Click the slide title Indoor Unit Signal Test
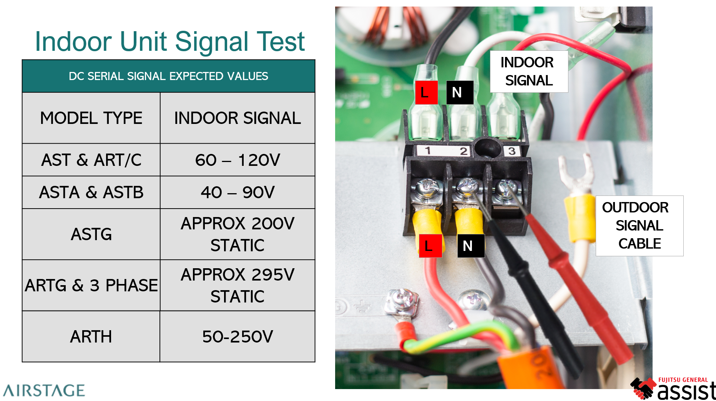pos(169,42)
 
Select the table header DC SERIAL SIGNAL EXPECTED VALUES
pos(168,76)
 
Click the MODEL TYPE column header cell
pos(91,118)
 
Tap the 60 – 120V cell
pos(238,160)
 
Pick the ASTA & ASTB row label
pos(91,192)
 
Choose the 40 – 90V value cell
pos(238,192)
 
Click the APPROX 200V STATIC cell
pos(238,234)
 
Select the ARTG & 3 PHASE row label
pos(91,285)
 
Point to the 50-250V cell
pos(238,336)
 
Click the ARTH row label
pos(91,336)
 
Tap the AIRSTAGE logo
pos(44,390)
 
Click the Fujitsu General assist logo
pos(673,389)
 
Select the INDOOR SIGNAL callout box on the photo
pos(528,72)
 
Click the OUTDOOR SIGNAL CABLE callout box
pos(639,226)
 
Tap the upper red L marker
pos(426,92)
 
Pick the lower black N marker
pos(470,246)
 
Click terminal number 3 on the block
pos(512,151)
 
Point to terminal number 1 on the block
pos(427,150)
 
